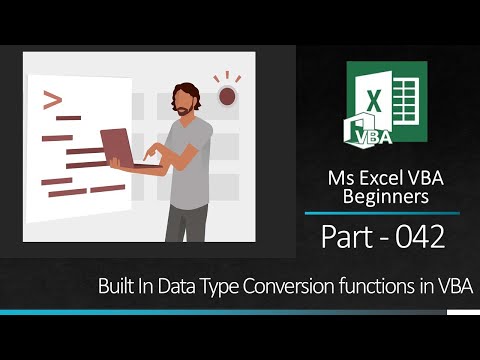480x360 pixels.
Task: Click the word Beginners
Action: pos(385,197)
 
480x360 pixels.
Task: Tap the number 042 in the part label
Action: pos(414,238)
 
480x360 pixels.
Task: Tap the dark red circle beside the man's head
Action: pos(227,97)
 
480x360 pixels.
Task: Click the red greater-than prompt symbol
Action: pos(51,99)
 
